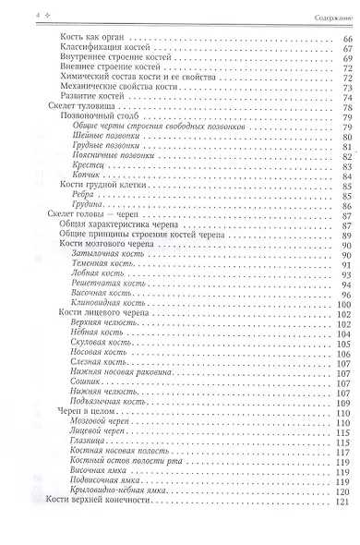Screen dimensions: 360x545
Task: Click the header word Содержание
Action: [327, 15]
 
